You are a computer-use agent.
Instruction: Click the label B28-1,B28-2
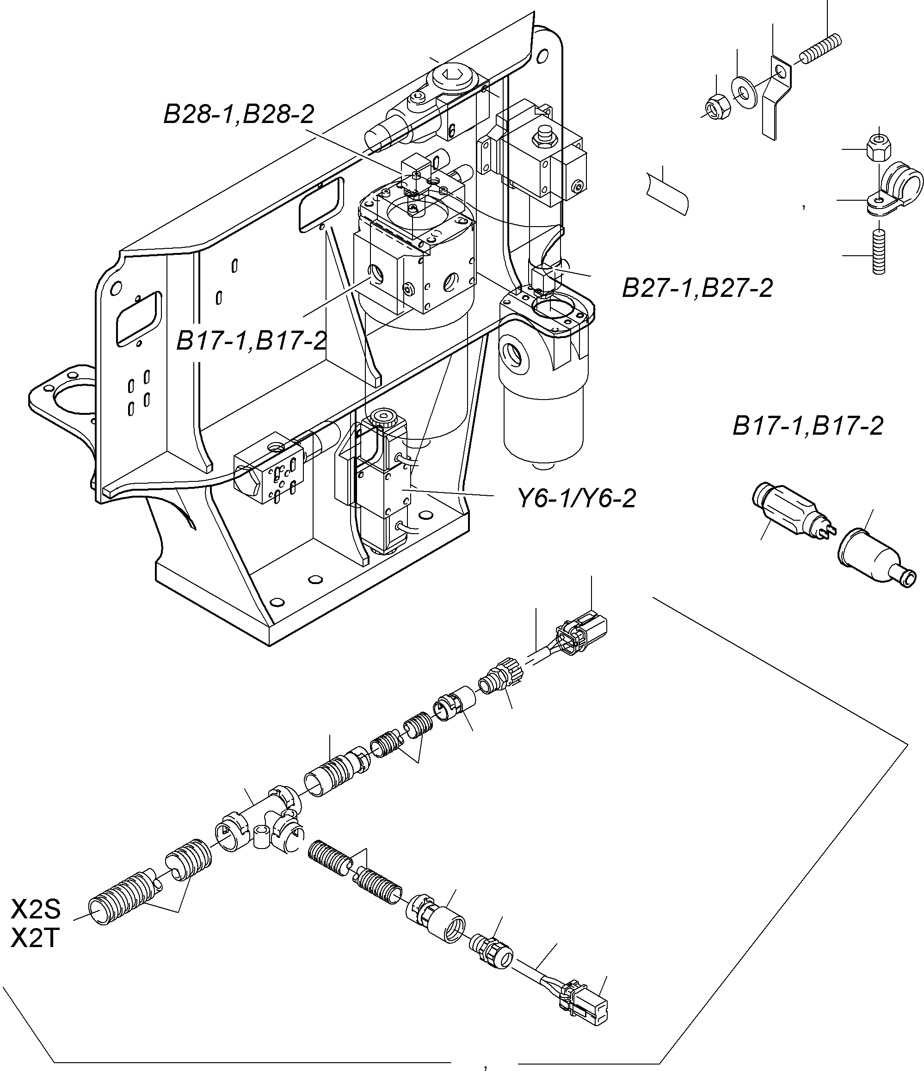[239, 114]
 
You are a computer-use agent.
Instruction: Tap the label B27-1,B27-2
[697, 288]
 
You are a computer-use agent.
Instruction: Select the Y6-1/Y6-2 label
[577, 499]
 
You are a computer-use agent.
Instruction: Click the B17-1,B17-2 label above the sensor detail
[808, 426]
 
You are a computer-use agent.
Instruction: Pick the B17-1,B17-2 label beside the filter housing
[252, 341]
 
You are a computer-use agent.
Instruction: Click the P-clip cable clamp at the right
[897, 191]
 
